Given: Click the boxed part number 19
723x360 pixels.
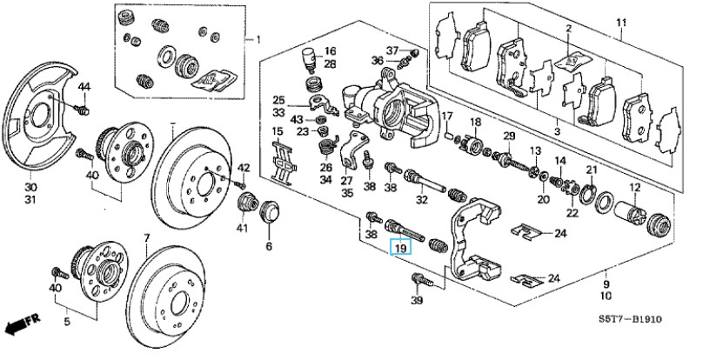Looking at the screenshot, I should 400,249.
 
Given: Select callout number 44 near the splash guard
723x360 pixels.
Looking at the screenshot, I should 84,86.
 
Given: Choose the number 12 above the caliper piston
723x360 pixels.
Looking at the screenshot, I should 634,189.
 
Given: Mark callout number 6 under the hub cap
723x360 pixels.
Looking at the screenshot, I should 269,246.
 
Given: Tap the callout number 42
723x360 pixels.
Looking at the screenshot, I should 244,167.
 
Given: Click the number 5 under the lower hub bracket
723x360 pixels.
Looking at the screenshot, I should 66,322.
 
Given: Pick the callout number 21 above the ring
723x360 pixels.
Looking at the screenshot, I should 592,170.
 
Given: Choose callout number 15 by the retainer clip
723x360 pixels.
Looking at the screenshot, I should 278,132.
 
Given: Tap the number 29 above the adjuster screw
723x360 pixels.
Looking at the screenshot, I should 510,136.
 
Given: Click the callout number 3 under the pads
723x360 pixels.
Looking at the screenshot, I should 557,131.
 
